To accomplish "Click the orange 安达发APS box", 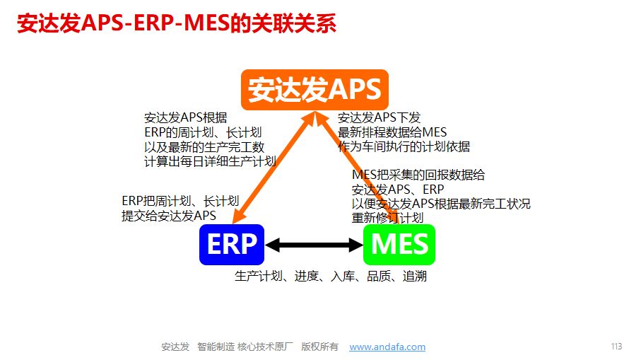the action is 314,90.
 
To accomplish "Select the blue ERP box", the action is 232,245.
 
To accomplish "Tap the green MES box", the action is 399,245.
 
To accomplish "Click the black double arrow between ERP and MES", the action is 314,245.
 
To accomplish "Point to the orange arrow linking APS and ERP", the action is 274,168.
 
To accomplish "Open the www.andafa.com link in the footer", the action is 387,347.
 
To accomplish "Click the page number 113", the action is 616,347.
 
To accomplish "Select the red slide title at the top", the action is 177,23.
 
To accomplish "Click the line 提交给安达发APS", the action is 169,216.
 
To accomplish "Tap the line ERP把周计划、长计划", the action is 180,201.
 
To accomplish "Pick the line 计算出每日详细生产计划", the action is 210,161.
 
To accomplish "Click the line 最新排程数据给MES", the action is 392,132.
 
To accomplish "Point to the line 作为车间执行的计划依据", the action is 404,146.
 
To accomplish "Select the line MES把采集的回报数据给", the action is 418,175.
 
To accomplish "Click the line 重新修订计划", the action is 387,218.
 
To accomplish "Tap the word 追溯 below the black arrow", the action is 415,276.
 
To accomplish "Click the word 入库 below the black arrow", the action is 342,276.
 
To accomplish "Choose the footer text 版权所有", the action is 319,347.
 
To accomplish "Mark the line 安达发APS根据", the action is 186,118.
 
